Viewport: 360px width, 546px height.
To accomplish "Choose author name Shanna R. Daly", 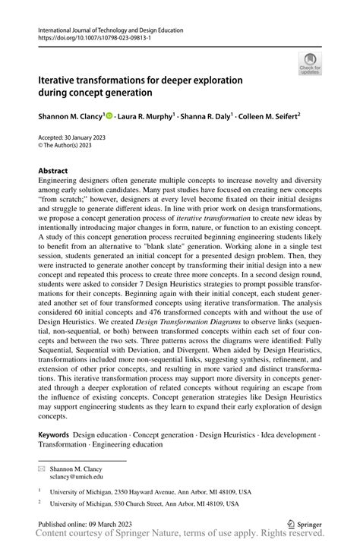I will [207, 117].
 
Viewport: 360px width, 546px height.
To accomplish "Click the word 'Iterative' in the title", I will [65, 79].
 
